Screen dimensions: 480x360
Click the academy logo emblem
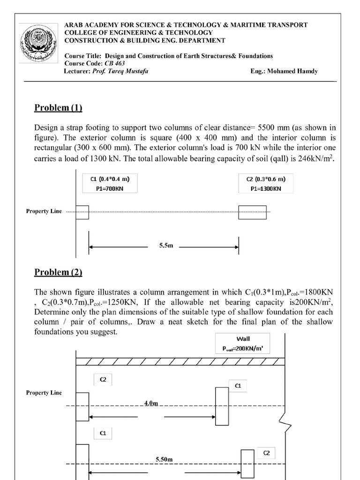click(39, 46)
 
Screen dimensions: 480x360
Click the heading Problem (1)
click(58, 108)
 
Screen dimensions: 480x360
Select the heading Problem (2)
click(58, 272)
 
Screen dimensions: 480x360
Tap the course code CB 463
click(105, 64)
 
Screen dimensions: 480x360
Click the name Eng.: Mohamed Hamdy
click(285, 71)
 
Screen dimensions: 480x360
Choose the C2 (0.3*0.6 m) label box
click(266, 183)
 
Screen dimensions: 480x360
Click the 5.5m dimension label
click(163, 246)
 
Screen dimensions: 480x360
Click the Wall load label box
click(243, 344)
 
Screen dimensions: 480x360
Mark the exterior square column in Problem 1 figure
click(82, 212)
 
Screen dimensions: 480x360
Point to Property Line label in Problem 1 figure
click(44, 211)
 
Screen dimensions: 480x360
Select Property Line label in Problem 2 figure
click(44, 393)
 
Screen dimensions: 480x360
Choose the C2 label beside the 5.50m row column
click(266, 453)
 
